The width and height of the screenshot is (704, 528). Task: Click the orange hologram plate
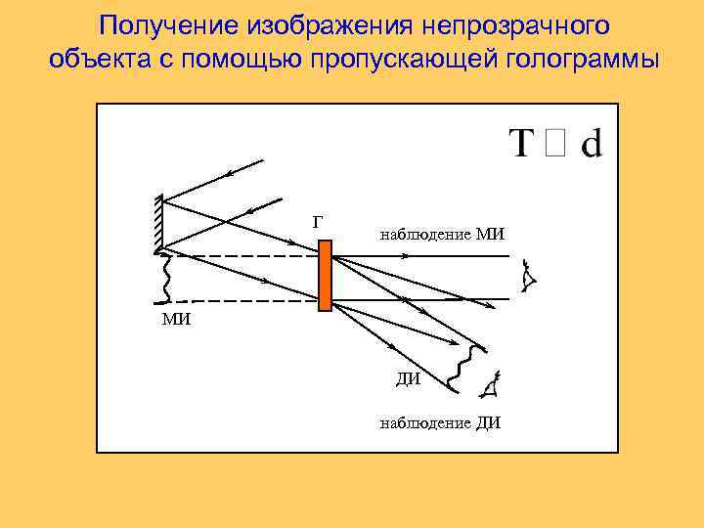(326, 275)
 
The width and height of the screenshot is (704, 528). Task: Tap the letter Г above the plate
(317, 222)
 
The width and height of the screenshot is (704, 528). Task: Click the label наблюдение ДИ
(440, 422)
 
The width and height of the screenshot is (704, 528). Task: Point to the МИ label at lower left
(176, 320)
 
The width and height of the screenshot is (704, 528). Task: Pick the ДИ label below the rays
(409, 379)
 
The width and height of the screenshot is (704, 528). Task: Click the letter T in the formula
(523, 144)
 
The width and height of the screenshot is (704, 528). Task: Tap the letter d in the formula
(592, 143)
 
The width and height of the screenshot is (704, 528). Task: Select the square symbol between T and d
(556, 144)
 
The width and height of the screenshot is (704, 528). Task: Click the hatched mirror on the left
(158, 223)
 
